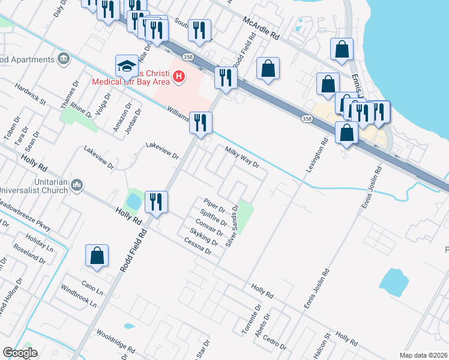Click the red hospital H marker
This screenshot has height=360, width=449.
click(178, 77)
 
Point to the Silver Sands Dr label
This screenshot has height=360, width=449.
click(232, 226)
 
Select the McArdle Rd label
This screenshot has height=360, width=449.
click(261, 28)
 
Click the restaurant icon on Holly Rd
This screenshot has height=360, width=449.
click(155, 202)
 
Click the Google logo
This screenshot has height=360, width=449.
click(20, 353)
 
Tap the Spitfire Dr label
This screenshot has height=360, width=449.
click(213, 218)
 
